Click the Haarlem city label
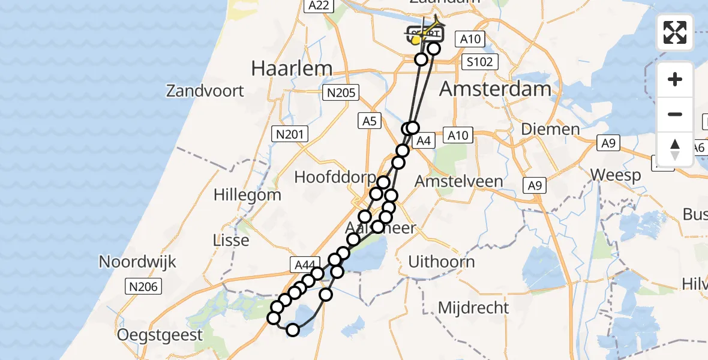click(292, 68)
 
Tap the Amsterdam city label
click(495, 89)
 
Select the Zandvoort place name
click(205, 91)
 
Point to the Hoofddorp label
click(334, 178)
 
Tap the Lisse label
click(231, 240)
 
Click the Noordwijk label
click(137, 262)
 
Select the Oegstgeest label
click(160, 334)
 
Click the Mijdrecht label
click(473, 308)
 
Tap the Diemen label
click(550, 128)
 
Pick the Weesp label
click(615, 175)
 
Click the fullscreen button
click(675, 32)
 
